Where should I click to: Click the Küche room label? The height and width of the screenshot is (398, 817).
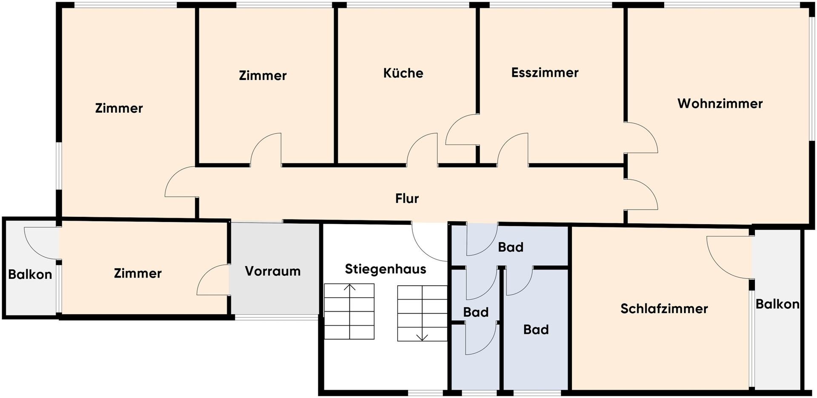(x=403, y=73)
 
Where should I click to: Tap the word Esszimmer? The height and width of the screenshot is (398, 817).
(x=545, y=73)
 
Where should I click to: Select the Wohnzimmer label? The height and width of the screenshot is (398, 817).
(x=720, y=104)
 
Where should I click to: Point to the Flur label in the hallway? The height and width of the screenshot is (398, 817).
(x=407, y=199)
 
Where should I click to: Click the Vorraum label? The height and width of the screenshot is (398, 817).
(x=273, y=271)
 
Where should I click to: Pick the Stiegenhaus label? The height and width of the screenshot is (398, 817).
(x=386, y=269)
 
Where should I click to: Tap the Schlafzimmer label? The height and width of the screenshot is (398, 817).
(x=664, y=309)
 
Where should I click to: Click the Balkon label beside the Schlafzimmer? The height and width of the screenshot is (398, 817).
(x=777, y=304)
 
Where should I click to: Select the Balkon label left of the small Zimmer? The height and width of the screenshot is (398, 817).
(x=30, y=275)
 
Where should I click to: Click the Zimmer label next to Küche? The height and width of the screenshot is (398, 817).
(x=263, y=76)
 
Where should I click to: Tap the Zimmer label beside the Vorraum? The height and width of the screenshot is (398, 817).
(x=137, y=273)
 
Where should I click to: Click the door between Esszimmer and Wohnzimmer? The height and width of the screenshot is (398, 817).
(x=641, y=137)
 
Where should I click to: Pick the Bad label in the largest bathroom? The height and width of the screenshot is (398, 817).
(x=536, y=330)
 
